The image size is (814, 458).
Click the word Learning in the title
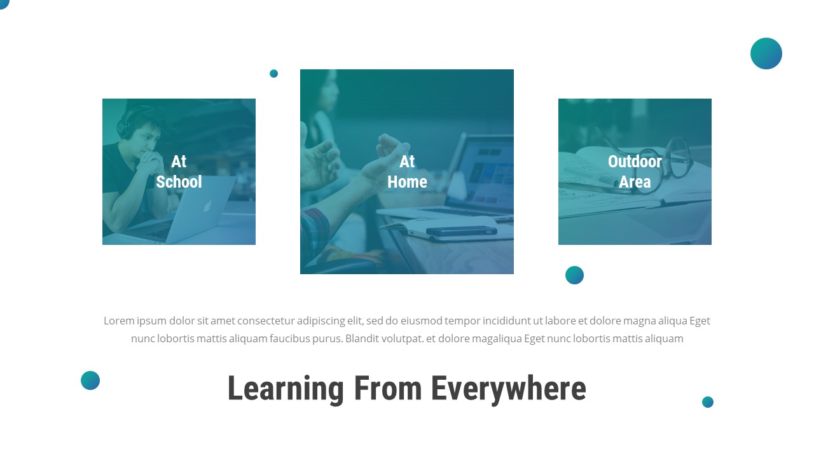(x=286, y=389)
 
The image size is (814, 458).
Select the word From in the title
(x=387, y=389)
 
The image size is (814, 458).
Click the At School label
(x=179, y=172)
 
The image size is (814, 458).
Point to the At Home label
(x=407, y=172)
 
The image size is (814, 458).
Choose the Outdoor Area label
(x=635, y=172)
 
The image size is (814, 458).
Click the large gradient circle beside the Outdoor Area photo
(x=766, y=53)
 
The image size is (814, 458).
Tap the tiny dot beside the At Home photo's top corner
(x=273, y=73)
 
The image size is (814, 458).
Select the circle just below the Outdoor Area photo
(x=574, y=275)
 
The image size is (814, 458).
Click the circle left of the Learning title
(x=90, y=380)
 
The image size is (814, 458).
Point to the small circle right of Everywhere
(x=708, y=402)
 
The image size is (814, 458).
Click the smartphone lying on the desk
(x=460, y=231)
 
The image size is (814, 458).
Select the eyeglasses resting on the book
(x=674, y=156)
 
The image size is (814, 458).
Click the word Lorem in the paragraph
(x=119, y=321)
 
